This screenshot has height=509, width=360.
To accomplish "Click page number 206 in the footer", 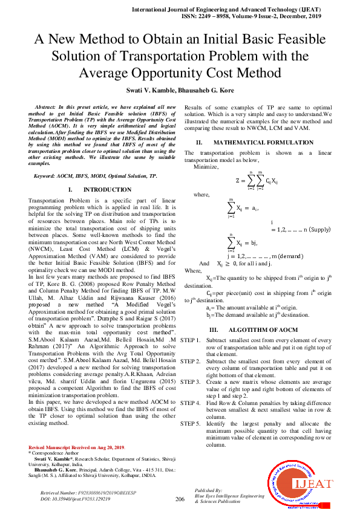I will tap(180, 499).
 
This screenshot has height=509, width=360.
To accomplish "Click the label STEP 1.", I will tap(190, 341).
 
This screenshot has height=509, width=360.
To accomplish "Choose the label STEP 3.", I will tap(190, 382).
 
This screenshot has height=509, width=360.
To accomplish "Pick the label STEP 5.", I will tap(190, 423).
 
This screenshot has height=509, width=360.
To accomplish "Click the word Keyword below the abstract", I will tap(46, 175).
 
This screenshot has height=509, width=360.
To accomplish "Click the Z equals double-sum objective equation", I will tap(257, 180).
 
